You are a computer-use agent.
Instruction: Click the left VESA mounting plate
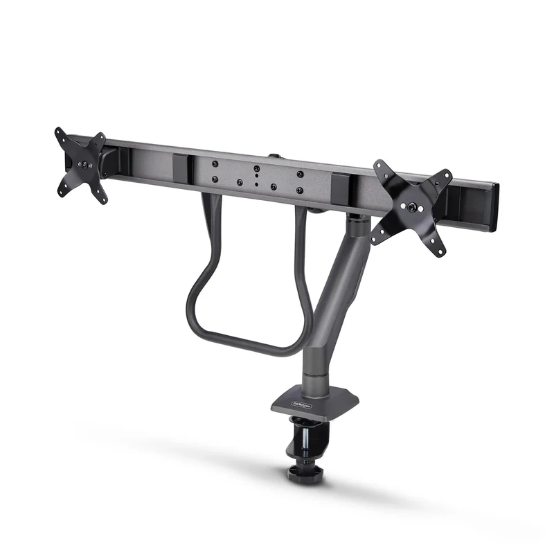[x=82, y=166]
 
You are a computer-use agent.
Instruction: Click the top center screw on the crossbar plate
[x=256, y=168]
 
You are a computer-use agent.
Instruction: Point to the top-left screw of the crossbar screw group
[x=214, y=164]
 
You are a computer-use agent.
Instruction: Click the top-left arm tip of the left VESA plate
[x=60, y=132]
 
